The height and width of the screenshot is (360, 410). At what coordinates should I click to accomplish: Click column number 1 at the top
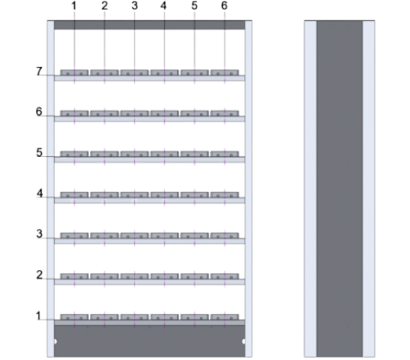point(74,6)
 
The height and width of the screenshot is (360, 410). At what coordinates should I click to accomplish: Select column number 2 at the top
point(104,6)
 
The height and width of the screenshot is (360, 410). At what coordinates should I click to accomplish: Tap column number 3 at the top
point(135,6)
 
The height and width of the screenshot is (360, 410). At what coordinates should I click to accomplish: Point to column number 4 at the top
point(164,6)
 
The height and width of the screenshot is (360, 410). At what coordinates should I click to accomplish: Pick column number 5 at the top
point(194,6)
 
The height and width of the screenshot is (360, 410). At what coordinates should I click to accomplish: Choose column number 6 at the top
point(224,6)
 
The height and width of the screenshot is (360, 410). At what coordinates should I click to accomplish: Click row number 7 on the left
point(40,71)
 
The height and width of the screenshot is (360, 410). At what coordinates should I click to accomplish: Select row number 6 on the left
point(40,112)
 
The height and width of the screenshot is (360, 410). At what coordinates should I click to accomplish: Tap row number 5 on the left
point(40,152)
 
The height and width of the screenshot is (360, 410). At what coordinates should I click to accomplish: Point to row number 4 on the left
point(40,193)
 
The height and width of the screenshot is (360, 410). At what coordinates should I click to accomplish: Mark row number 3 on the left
point(40,233)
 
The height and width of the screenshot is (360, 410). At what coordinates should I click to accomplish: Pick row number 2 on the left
point(40,274)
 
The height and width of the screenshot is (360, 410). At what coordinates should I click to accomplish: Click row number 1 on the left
point(40,315)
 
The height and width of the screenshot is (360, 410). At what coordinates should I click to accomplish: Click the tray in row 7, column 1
point(74,73)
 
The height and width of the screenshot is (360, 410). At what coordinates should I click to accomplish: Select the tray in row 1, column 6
point(224,316)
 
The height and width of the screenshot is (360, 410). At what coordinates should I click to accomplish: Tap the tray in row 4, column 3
point(135,194)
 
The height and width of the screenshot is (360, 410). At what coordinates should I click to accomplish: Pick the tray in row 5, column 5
point(194,154)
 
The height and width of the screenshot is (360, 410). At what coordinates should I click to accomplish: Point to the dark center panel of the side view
point(340,187)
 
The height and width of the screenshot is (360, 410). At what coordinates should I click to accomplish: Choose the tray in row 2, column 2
point(104,276)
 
